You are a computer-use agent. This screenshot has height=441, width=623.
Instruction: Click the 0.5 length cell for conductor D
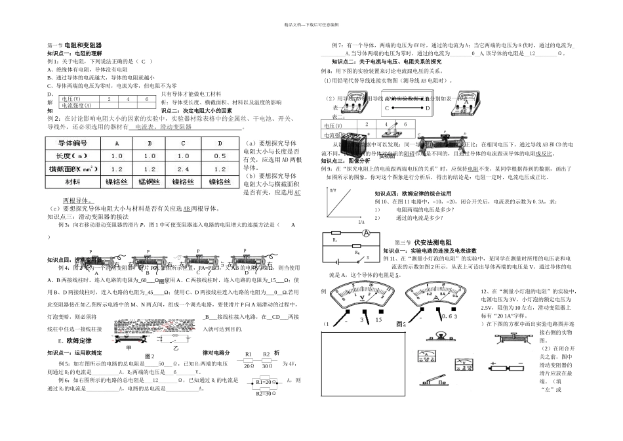click(219, 156)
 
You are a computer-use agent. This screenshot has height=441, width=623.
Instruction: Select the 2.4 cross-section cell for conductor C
click(184, 169)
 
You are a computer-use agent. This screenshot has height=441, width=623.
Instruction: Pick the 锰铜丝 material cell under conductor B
click(150, 181)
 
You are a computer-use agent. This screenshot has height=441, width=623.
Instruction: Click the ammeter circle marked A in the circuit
click(368, 234)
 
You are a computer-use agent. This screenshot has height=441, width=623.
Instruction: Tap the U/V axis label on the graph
click(332, 190)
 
